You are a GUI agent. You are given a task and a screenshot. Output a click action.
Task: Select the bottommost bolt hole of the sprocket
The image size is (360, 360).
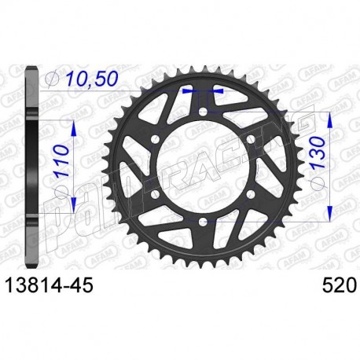click(x=202, y=223)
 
